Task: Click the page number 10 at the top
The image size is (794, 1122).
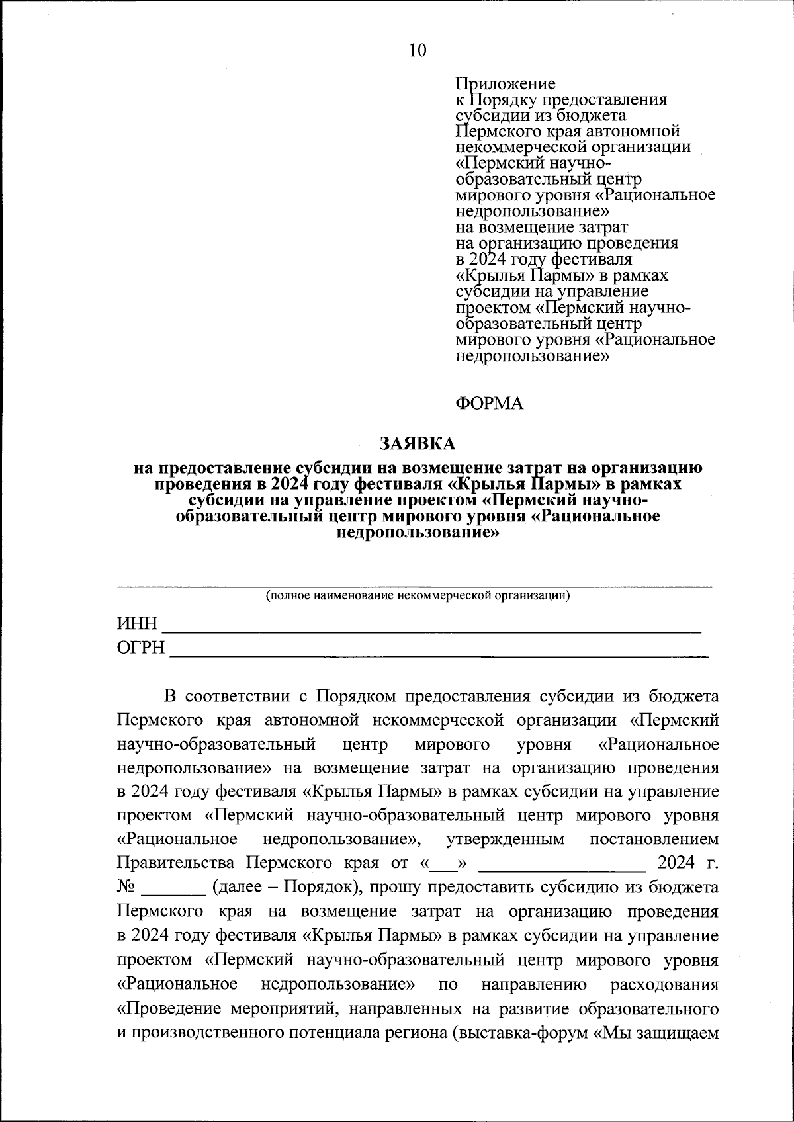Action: (418, 50)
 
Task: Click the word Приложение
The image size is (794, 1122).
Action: (506, 84)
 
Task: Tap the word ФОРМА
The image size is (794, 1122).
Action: (490, 404)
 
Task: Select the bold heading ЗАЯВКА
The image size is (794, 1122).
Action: (418, 443)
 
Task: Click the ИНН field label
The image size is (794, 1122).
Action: (138, 625)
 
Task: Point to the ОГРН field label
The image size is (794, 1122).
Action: (141, 648)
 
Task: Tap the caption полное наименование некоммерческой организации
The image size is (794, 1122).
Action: (418, 595)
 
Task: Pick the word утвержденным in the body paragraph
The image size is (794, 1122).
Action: (506, 840)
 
